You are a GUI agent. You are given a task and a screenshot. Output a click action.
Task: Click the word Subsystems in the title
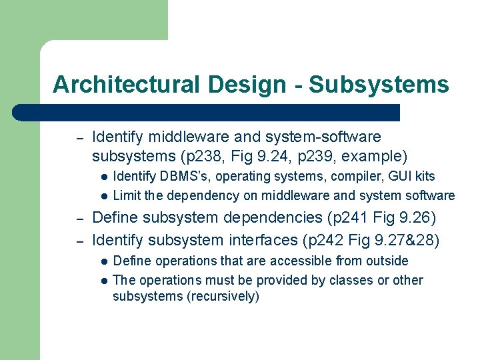(x=379, y=85)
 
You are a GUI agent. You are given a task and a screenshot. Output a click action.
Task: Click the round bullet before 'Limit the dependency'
(x=104, y=197)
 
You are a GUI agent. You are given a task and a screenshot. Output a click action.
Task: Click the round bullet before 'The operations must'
(x=104, y=281)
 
